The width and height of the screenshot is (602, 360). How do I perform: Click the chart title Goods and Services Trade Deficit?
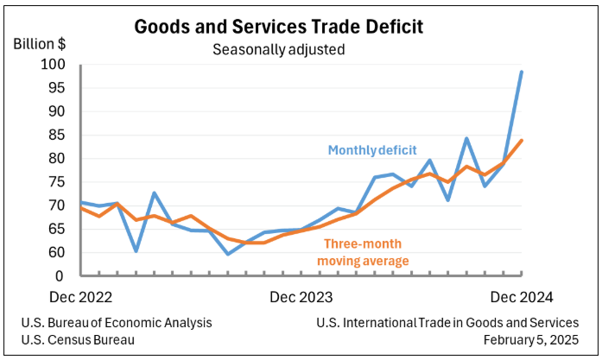(x=278, y=27)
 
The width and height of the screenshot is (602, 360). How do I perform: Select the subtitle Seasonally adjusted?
(x=278, y=49)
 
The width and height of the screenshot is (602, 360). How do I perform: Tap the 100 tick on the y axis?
(x=54, y=65)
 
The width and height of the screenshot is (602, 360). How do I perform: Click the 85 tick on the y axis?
(x=57, y=135)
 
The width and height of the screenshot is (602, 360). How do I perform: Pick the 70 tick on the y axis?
(x=57, y=205)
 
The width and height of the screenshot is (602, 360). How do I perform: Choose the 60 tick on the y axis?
(x=57, y=253)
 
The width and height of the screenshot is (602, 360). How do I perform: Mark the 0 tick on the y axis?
(x=60, y=276)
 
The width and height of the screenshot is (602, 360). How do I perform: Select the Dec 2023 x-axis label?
(x=301, y=296)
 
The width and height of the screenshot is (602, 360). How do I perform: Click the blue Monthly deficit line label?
(x=377, y=150)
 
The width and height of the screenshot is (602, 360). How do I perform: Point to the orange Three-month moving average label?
(x=363, y=252)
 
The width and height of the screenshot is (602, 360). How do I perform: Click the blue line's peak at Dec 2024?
(x=522, y=72)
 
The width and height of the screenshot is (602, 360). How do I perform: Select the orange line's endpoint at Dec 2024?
(x=522, y=141)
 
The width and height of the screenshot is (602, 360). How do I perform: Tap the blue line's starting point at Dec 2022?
(x=80, y=202)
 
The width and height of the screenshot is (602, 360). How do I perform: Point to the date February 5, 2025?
(x=530, y=339)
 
